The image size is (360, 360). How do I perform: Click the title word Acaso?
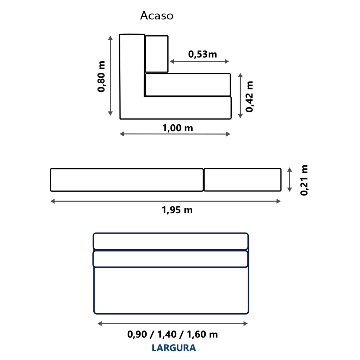pos(157,16)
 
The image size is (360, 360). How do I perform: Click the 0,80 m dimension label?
pos(101,77)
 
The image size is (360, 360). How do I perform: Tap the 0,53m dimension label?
pos(202,54)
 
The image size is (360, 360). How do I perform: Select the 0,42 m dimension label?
pos(249,96)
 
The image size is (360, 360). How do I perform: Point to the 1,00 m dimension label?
pos(178,128)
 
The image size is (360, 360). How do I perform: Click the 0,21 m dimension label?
pos(304,180)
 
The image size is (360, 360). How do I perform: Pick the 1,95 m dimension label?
pos(177,210)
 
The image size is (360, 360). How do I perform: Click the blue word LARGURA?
pos(174,348)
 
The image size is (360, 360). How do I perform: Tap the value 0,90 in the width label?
pos(137,334)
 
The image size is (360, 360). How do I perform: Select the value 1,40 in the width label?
pos(167,334)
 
